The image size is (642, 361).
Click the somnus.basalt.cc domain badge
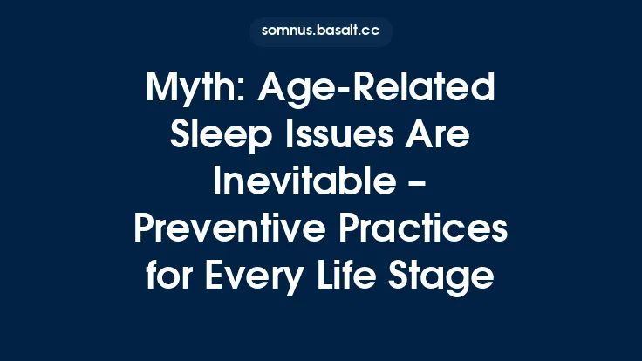point(320,31)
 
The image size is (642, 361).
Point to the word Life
point(357,277)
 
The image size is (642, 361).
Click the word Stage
point(447,277)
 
